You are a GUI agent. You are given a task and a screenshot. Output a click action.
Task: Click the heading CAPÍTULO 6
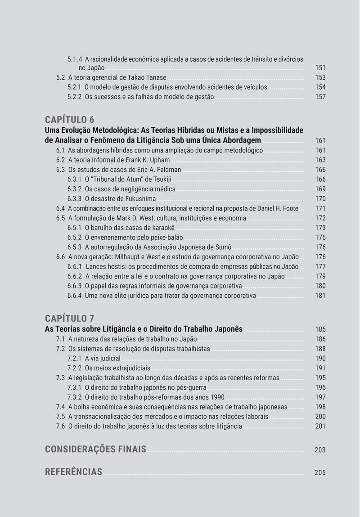tap(70, 120)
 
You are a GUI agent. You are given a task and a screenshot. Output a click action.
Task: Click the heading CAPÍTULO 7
tap(70, 318)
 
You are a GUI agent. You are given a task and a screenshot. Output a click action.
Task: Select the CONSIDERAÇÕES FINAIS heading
tap(95, 449)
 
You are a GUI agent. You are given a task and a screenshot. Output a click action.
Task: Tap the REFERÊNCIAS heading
tap(74, 472)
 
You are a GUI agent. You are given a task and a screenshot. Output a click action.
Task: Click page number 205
tap(320, 472)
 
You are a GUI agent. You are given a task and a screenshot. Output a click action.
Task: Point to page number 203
tap(320, 450)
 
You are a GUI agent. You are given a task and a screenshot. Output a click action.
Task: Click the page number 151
tap(320, 68)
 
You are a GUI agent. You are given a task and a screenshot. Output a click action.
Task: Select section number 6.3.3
tap(74, 199)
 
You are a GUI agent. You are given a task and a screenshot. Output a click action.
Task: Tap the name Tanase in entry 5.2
tap(156, 77)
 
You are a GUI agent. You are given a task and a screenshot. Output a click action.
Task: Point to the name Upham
tap(159, 160)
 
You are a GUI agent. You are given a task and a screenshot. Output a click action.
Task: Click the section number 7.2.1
tap(74, 359)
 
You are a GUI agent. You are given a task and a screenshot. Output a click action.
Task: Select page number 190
tap(320, 359)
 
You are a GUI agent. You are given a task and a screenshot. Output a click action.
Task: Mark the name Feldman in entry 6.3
tap(168, 170)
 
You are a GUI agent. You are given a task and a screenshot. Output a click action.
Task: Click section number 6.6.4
tap(74, 296)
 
